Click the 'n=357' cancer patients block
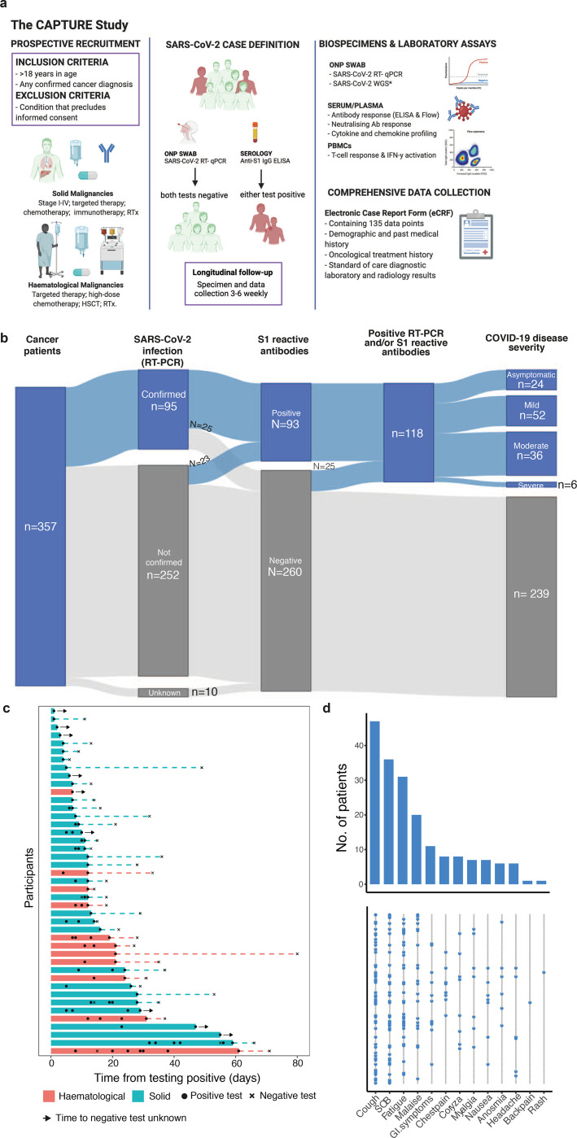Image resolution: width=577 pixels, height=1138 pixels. (x=40, y=538)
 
